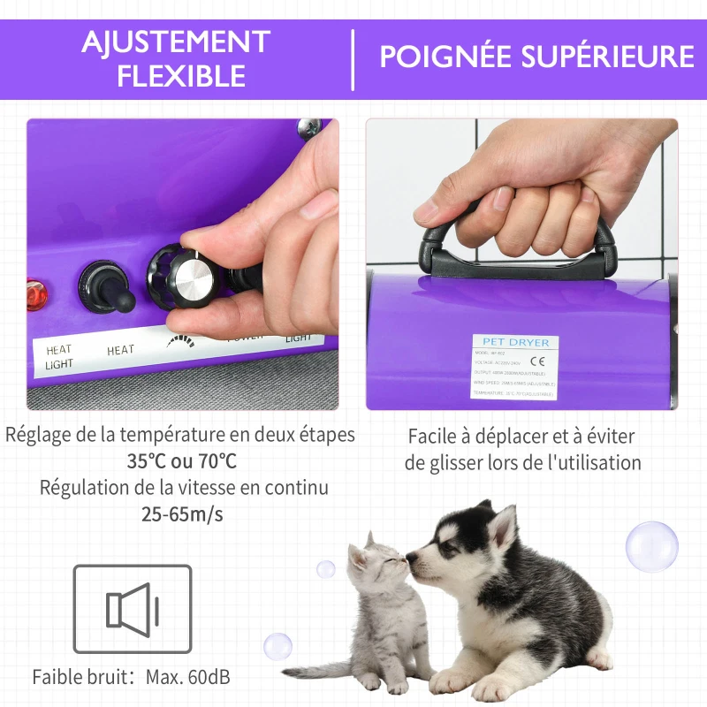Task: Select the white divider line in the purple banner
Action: pyautogui.click(x=353, y=59)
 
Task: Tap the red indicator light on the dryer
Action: pyautogui.click(x=35, y=293)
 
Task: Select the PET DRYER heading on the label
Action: pyautogui.click(x=515, y=342)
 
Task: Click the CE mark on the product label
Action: pyautogui.click(x=536, y=361)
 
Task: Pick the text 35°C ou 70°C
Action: pyautogui.click(x=181, y=461)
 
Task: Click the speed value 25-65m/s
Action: pyautogui.click(x=182, y=513)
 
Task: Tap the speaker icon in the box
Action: pyautogui.click(x=132, y=610)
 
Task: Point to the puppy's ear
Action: pyautogui.click(x=500, y=527)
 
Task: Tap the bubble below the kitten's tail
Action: pyautogui.click(x=277, y=646)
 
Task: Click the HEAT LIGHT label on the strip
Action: pyautogui.click(x=60, y=357)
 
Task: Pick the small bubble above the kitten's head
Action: pyautogui.click(x=326, y=569)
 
